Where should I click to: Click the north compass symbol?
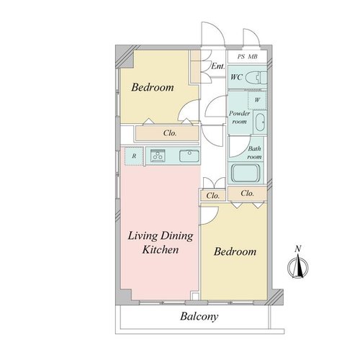tap(298, 266)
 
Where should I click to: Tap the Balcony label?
tap(199, 317)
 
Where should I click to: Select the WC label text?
tap(236, 77)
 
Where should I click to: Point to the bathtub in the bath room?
tap(246, 173)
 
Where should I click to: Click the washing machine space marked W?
tap(257, 100)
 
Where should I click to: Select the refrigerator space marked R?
tap(134, 156)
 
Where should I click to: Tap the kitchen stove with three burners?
tap(158, 155)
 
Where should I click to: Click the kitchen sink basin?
tap(189, 156)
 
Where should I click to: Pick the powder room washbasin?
tap(260, 122)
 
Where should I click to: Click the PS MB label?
tap(248, 57)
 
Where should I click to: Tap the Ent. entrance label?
tap(218, 66)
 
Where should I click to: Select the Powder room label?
tap(239, 117)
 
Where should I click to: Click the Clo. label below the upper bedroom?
tap(170, 133)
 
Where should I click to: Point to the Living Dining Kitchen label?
tap(161, 243)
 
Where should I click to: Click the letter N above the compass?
tap(298, 249)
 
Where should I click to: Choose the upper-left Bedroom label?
tap(153, 87)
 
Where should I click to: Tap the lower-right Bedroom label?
tap(235, 251)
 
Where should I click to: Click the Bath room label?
tap(254, 153)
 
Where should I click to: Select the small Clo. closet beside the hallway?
tap(213, 196)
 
